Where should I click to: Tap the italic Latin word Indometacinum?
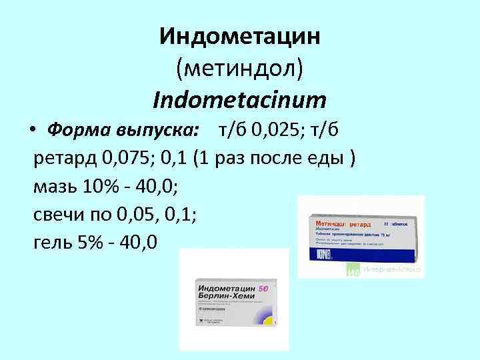pyautogui.click(x=240, y=100)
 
